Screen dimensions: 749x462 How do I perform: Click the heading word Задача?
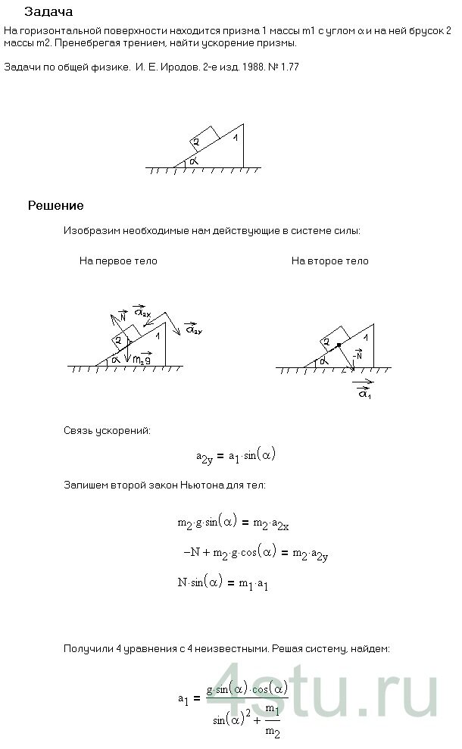tap(48, 12)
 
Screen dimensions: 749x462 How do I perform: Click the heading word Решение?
tap(55, 205)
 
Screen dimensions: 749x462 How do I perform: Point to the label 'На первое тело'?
tap(118, 261)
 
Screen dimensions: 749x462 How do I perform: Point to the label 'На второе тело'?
tap(329, 261)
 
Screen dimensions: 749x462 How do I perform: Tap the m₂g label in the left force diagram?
tap(141, 361)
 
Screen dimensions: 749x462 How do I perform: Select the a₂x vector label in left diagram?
tap(141, 311)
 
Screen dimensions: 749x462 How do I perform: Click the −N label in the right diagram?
tap(357, 354)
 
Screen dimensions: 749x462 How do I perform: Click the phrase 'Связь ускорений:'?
tap(107, 431)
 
